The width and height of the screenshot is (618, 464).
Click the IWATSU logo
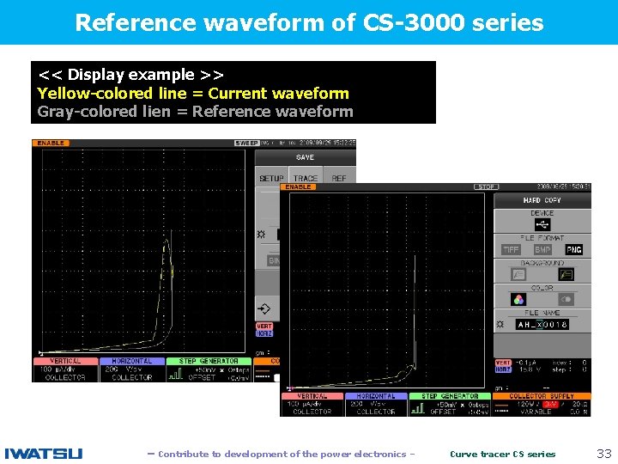(44, 453)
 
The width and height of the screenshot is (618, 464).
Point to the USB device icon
(542, 225)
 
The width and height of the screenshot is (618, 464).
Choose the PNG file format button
(573, 250)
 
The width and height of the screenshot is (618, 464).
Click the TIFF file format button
(512, 250)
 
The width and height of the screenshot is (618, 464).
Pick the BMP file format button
(542, 250)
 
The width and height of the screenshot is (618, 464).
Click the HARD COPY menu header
(542, 200)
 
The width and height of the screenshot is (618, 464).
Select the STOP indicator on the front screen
(487, 186)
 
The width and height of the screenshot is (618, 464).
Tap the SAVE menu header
(305, 157)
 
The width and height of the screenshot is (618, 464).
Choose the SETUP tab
(271, 179)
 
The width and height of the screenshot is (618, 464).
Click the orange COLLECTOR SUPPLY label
(542, 396)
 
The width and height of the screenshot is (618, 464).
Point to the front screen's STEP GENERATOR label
(443, 396)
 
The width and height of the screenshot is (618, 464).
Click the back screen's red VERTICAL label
(65, 362)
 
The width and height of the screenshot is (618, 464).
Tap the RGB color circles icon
(518, 299)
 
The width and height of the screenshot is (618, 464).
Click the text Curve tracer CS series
(503, 454)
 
